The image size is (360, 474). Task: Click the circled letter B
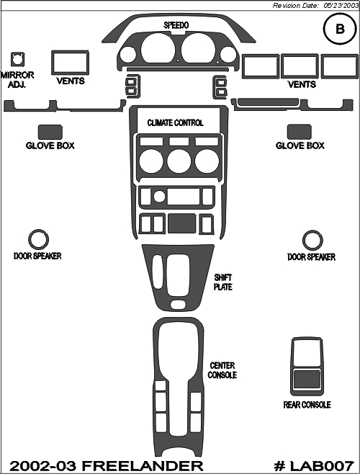pos(340,29)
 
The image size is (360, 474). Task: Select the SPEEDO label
pos(176,25)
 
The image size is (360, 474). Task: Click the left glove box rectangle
pos(50,132)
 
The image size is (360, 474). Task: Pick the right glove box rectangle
pos(300,132)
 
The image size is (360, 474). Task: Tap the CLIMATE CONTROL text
pos(175,122)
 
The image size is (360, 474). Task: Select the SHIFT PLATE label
pos(223,282)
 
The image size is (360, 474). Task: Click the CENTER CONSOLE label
pos(222,370)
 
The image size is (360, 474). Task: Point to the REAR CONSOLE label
pos(307,405)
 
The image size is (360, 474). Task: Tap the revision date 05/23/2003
pos(341,6)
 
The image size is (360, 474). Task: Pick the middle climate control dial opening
pos(179,161)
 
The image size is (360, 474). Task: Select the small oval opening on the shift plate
pos(178,304)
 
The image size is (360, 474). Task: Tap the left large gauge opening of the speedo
pos(158,49)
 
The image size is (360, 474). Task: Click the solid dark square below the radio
pos(181,223)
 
